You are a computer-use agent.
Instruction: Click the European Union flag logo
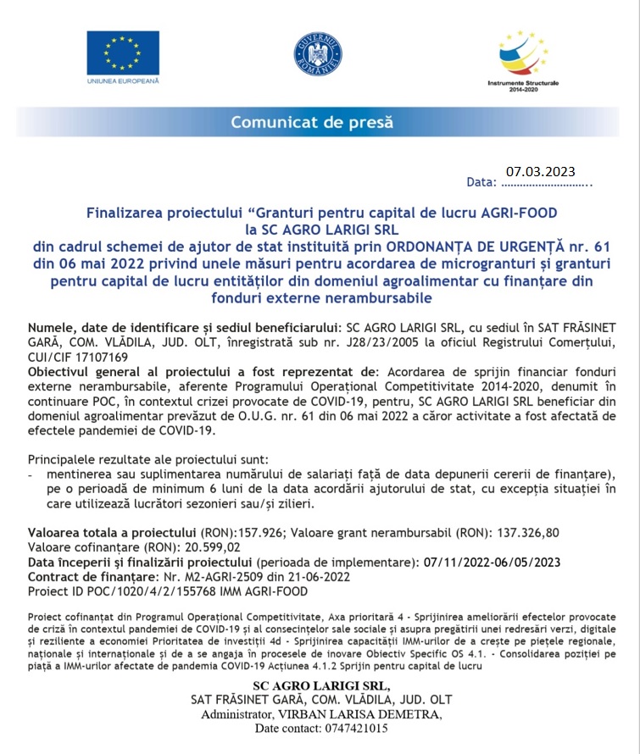(122, 53)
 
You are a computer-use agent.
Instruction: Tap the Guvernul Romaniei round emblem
(318, 53)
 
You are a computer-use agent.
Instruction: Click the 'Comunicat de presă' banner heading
(313, 122)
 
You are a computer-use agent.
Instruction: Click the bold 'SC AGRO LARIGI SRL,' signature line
(320, 685)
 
